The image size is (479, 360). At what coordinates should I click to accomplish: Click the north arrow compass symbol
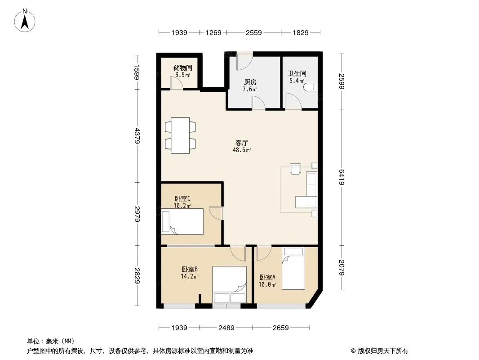25,21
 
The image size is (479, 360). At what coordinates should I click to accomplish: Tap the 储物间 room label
183,67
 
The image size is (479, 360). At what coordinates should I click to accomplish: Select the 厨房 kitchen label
250,82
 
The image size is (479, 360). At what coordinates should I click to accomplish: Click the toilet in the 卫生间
310,87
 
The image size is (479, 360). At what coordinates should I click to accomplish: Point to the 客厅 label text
242,143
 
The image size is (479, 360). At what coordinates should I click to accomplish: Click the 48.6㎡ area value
242,150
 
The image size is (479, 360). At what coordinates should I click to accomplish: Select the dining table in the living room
180,135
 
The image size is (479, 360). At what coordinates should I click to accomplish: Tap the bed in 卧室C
183,221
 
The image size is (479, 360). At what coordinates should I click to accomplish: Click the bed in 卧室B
230,284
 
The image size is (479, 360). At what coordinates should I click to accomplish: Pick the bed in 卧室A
293,268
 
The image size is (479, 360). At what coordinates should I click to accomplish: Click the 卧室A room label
268,277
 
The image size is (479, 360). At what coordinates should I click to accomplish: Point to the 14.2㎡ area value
190,276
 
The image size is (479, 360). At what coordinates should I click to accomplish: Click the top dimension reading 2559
253,32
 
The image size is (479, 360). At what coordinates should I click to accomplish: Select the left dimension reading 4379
137,135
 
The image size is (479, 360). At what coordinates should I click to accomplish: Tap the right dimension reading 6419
342,177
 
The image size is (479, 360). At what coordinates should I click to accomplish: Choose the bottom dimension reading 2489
226,328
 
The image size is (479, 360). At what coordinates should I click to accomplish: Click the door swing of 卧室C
216,213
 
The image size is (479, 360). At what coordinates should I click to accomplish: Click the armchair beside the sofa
295,169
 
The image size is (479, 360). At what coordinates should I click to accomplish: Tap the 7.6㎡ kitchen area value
250,89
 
